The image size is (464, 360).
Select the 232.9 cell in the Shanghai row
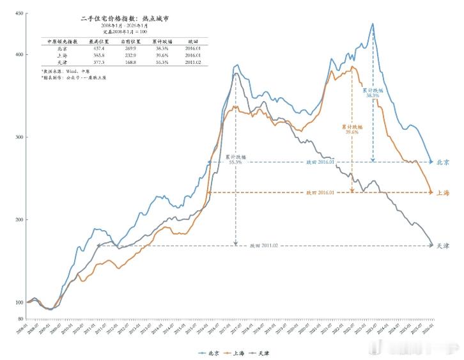pyautogui.click(x=129, y=56)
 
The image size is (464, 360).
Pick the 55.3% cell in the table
pyautogui.click(x=160, y=63)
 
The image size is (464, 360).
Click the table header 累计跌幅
pyautogui.click(x=160, y=41)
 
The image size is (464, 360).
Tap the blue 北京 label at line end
pyautogui.click(x=443, y=162)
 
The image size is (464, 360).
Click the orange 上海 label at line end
pyautogui.click(x=443, y=192)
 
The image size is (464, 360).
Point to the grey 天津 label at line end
pyautogui.click(x=443, y=246)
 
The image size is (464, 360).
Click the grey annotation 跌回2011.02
pyautogui.click(x=263, y=246)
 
